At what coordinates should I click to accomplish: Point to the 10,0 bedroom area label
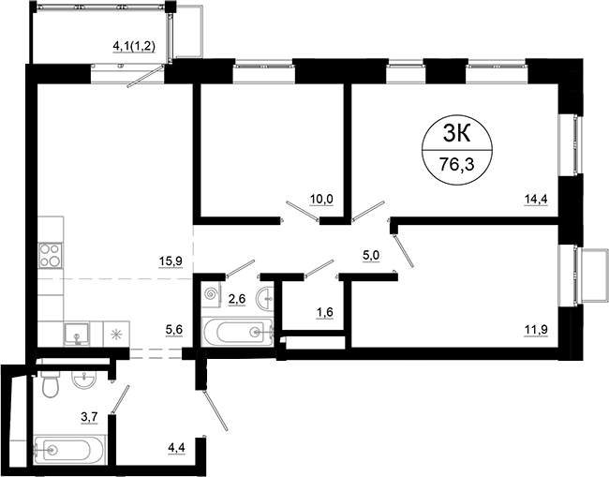click(321, 199)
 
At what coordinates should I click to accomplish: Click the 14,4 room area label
click(537, 199)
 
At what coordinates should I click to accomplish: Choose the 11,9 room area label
click(537, 328)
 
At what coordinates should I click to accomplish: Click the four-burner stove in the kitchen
click(50, 255)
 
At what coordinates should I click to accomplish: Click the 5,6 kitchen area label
click(173, 328)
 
